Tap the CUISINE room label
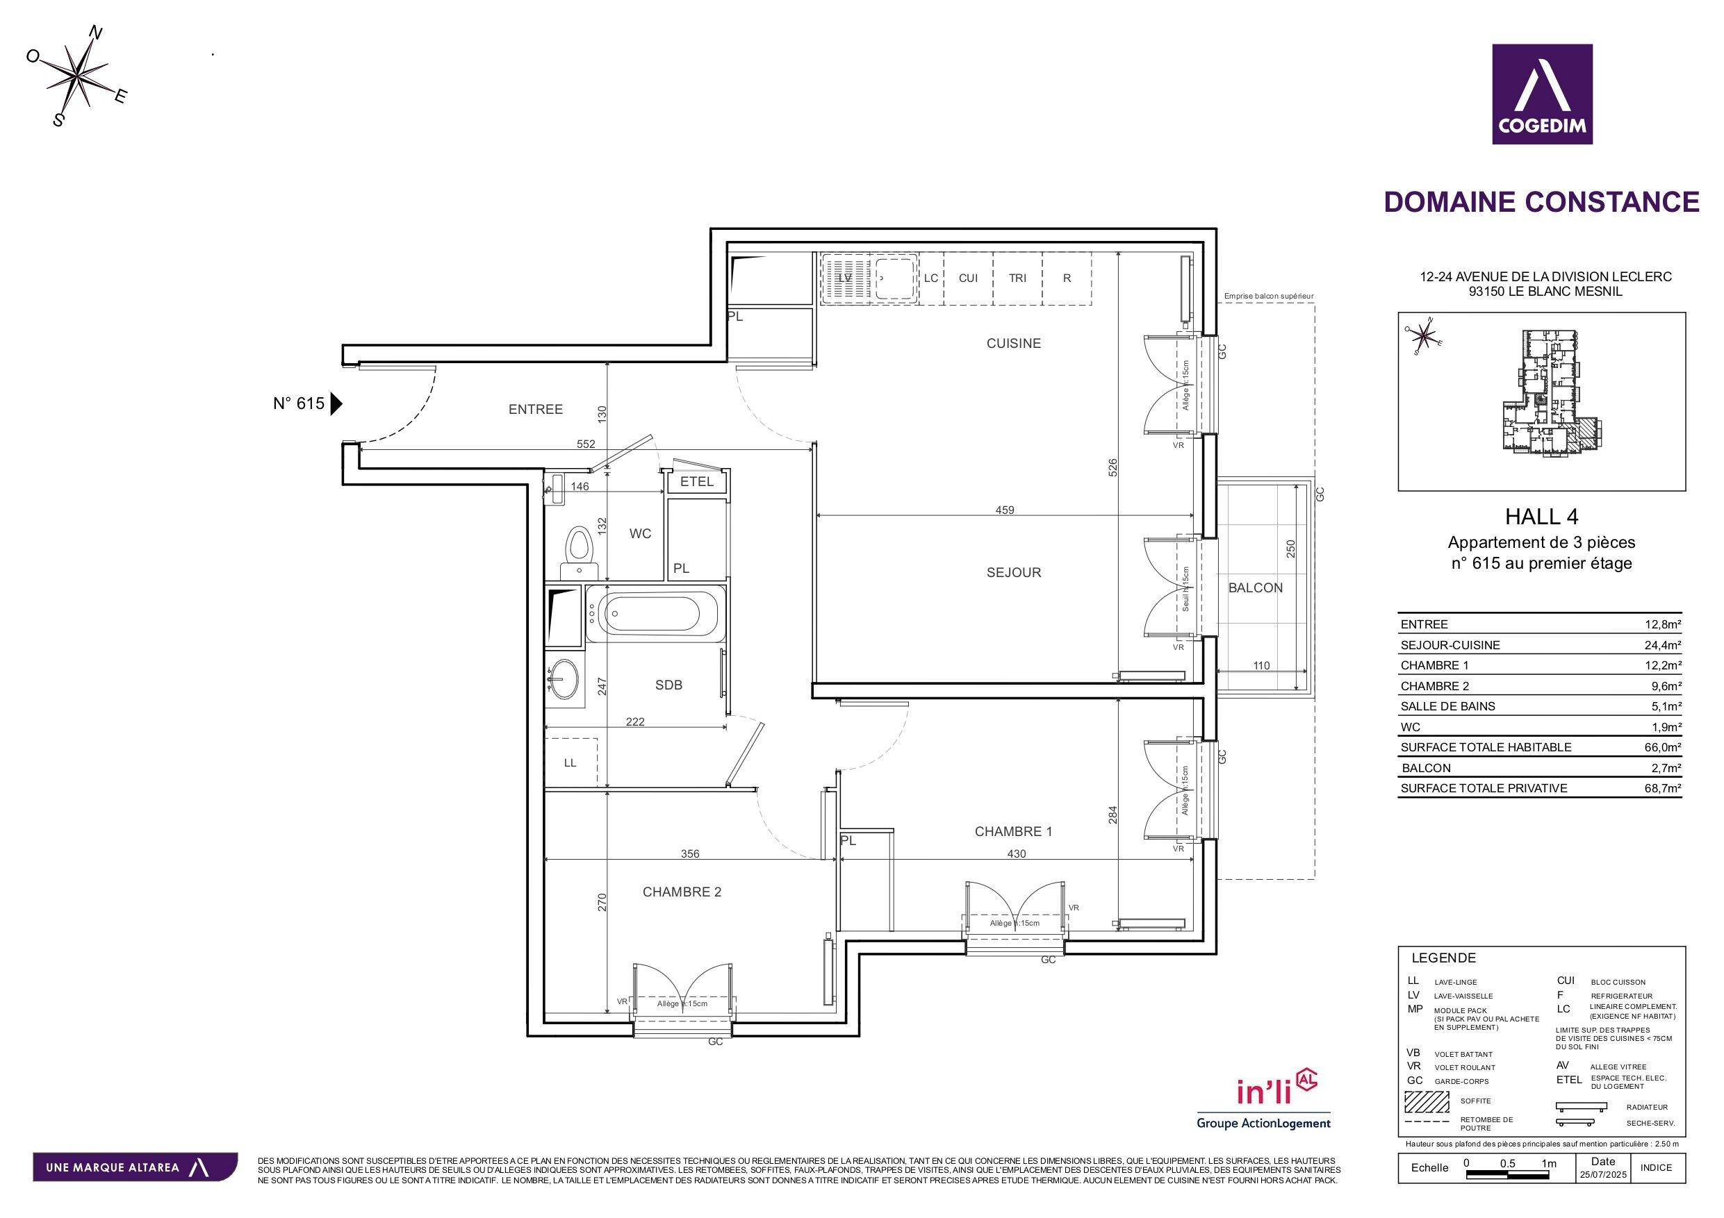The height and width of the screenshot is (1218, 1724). [1013, 344]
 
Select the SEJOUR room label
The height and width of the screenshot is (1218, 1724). [1013, 573]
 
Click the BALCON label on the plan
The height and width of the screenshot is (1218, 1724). [1255, 587]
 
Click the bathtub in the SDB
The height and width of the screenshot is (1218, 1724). [654, 614]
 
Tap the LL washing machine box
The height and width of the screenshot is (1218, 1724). [570, 762]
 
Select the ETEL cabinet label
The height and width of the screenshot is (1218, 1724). [696, 482]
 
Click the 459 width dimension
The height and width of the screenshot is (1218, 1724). [1004, 510]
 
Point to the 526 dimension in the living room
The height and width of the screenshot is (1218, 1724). [1113, 467]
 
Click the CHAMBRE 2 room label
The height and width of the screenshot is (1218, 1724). [681, 892]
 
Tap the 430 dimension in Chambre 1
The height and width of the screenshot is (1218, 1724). [1015, 853]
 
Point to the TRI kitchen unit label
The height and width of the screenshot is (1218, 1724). [1017, 278]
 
